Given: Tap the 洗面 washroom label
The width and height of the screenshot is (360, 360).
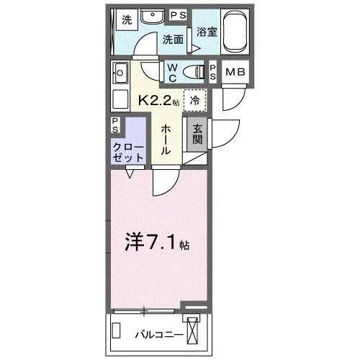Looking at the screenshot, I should (172, 40).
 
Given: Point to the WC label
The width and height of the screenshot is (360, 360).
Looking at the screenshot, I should (173, 71).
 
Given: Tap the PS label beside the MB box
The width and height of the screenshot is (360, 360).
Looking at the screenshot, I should (214, 71).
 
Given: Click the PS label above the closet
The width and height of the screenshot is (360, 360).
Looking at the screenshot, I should (117, 124).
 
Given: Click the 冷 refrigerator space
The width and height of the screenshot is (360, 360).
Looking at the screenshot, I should (195, 101).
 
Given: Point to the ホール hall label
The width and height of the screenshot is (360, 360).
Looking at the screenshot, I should (165, 138).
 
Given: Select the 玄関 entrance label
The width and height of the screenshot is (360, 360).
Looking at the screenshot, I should (196, 135).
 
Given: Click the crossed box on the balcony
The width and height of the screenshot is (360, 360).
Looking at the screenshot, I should (194, 332).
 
